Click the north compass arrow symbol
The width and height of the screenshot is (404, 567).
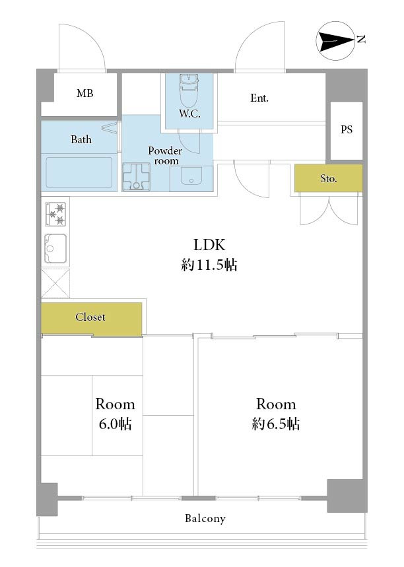(335, 40)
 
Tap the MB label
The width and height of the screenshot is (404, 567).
(84, 93)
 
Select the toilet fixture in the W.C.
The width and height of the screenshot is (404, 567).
(188, 88)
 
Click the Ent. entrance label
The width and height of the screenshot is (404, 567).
(259, 98)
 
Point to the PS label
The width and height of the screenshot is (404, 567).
(346, 129)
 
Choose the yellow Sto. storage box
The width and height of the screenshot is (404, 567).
(328, 178)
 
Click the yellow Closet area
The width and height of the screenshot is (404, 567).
(91, 318)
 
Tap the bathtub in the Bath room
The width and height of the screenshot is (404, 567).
(79, 172)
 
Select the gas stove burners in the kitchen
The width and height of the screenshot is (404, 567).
(55, 214)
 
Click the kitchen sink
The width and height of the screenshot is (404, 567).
(55, 248)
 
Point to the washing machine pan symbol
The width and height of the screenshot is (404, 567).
(136, 177)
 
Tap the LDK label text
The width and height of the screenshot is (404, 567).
(209, 245)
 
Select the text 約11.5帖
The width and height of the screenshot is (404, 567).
(209, 265)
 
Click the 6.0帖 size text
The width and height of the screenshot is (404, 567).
(115, 424)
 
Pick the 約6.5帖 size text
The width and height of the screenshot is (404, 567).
(275, 424)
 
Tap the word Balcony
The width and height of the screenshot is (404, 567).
(205, 519)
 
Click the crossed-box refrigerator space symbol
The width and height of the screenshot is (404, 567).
(55, 283)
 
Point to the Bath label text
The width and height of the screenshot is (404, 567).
(81, 139)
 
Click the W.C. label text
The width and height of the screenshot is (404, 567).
(189, 114)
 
